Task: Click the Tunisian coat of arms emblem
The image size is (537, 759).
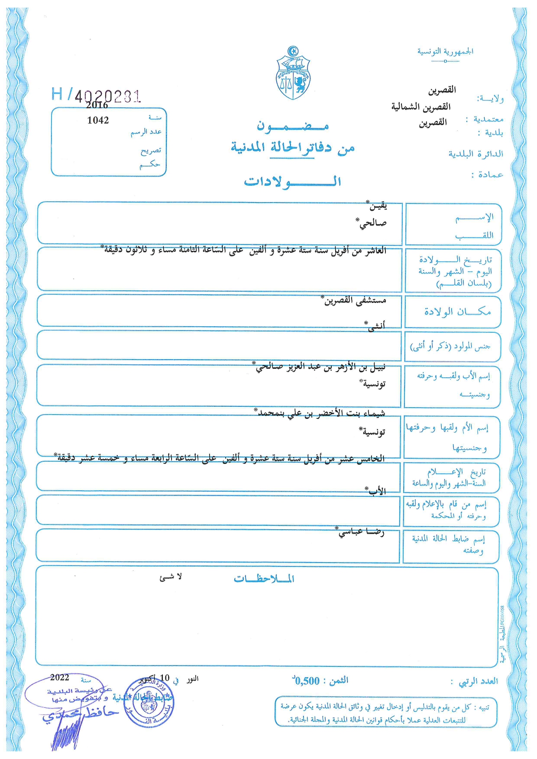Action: (x=293, y=74)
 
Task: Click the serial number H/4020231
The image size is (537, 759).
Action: (x=96, y=94)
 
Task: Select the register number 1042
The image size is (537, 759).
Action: (x=98, y=120)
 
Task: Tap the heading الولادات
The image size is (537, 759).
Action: (x=292, y=181)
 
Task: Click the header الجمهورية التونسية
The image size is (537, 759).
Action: (x=445, y=51)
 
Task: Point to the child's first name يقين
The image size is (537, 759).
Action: (x=376, y=206)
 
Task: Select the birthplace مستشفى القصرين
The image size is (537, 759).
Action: (x=355, y=300)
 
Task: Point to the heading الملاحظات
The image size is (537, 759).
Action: (x=264, y=579)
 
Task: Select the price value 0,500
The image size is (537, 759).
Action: (x=307, y=681)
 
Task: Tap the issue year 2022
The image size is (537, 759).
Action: (x=60, y=678)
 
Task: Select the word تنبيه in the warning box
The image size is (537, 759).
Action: (x=481, y=708)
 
